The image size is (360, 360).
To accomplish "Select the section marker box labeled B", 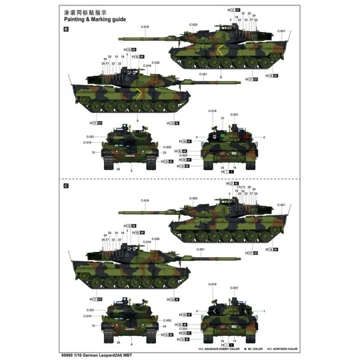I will [65, 30].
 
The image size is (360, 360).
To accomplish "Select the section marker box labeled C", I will [65, 186].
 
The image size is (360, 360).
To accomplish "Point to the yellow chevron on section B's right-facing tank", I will [218, 52].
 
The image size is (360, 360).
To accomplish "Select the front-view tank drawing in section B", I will [131, 148].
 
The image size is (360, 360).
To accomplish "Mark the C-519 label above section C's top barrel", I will [145, 200].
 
